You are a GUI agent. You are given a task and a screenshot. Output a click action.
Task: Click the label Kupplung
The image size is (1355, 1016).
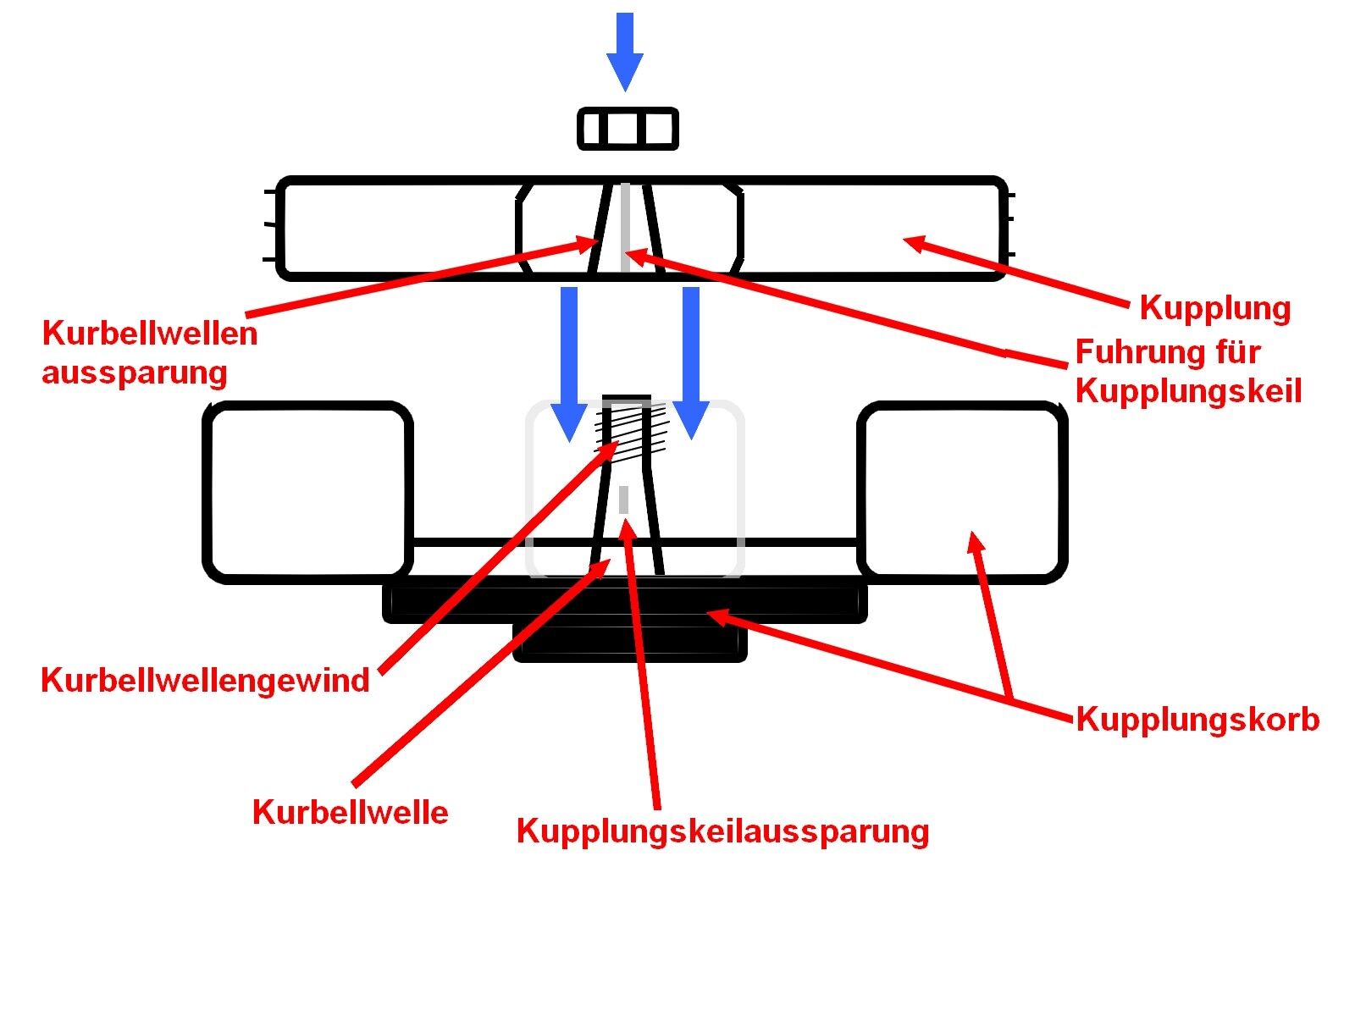pyautogui.click(x=1214, y=308)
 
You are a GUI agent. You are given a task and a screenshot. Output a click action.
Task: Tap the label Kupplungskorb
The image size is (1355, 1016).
pyautogui.click(x=1197, y=720)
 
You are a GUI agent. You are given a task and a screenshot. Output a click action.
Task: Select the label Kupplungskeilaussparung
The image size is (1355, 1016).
pyautogui.click(x=722, y=831)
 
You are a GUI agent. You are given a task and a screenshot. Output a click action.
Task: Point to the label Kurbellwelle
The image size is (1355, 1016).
pyautogui.click(x=350, y=813)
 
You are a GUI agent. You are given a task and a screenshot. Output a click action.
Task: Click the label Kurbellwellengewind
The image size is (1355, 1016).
pyautogui.click(x=205, y=681)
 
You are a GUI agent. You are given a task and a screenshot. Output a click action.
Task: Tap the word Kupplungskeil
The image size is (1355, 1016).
pyautogui.click(x=1188, y=392)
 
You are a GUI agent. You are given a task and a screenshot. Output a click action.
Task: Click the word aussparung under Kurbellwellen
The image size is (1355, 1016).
pyautogui.click(x=135, y=373)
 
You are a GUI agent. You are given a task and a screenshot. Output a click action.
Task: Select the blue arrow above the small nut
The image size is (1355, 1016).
pyautogui.click(x=625, y=51)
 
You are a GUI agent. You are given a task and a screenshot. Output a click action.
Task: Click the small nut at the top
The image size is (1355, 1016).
pyautogui.click(x=628, y=130)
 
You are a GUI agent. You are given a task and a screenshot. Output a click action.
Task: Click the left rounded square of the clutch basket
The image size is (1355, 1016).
pyautogui.click(x=308, y=491)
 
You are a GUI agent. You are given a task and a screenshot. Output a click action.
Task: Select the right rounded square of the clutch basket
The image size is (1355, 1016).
pyautogui.click(x=962, y=491)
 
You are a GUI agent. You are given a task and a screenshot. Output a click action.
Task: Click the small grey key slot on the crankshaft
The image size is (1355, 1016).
pyautogui.click(x=624, y=500)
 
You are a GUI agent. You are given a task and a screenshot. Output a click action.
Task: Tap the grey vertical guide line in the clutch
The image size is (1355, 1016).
pyautogui.click(x=625, y=227)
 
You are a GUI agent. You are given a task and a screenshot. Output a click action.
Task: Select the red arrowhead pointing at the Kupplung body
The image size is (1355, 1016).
pyautogui.click(x=915, y=243)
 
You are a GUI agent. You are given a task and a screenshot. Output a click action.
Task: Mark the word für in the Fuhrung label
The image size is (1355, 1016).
pyautogui.click(x=1236, y=352)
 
